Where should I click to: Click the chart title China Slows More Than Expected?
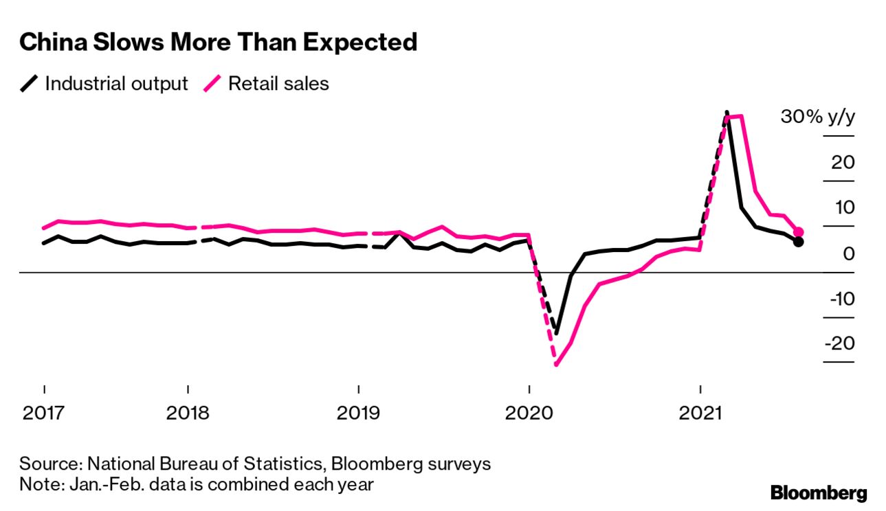coord(218,43)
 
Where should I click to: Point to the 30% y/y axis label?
coord(817,117)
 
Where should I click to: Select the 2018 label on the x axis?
coord(188,414)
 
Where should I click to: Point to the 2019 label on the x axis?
coord(358,414)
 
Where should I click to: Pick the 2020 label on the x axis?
coord(529,414)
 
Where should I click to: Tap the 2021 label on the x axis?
coord(699,414)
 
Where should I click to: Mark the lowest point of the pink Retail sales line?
coord(555,364)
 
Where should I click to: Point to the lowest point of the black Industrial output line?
coord(556,333)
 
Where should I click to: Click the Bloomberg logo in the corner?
coord(819,492)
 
